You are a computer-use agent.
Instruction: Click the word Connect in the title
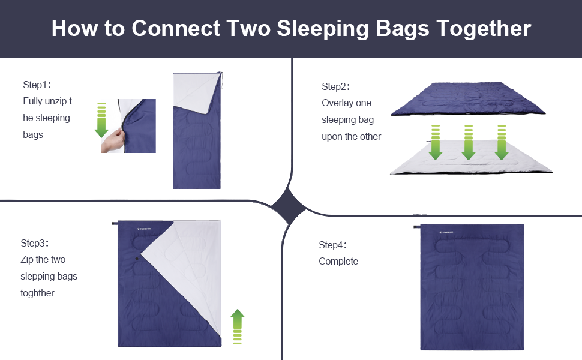coord(176,28)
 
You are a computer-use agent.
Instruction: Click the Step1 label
coord(37,85)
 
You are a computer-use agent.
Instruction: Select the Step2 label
coord(335,87)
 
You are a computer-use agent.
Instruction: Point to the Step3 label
coord(35,244)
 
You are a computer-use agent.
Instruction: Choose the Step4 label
coord(332,245)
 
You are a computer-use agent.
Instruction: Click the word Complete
coord(338,262)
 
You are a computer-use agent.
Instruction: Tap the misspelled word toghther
coord(37,293)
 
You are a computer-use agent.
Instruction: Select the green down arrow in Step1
coord(101,120)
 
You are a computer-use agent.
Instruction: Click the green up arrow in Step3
coord(238,326)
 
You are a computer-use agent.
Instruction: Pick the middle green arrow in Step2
coord(469,143)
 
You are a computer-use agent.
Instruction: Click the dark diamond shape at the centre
coord(289,206)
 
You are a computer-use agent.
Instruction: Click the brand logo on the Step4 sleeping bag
coord(446,232)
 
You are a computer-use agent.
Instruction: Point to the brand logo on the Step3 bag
coord(144,229)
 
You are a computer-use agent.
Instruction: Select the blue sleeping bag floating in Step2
coord(468,99)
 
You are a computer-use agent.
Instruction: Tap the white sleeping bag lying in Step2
coord(472,158)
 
